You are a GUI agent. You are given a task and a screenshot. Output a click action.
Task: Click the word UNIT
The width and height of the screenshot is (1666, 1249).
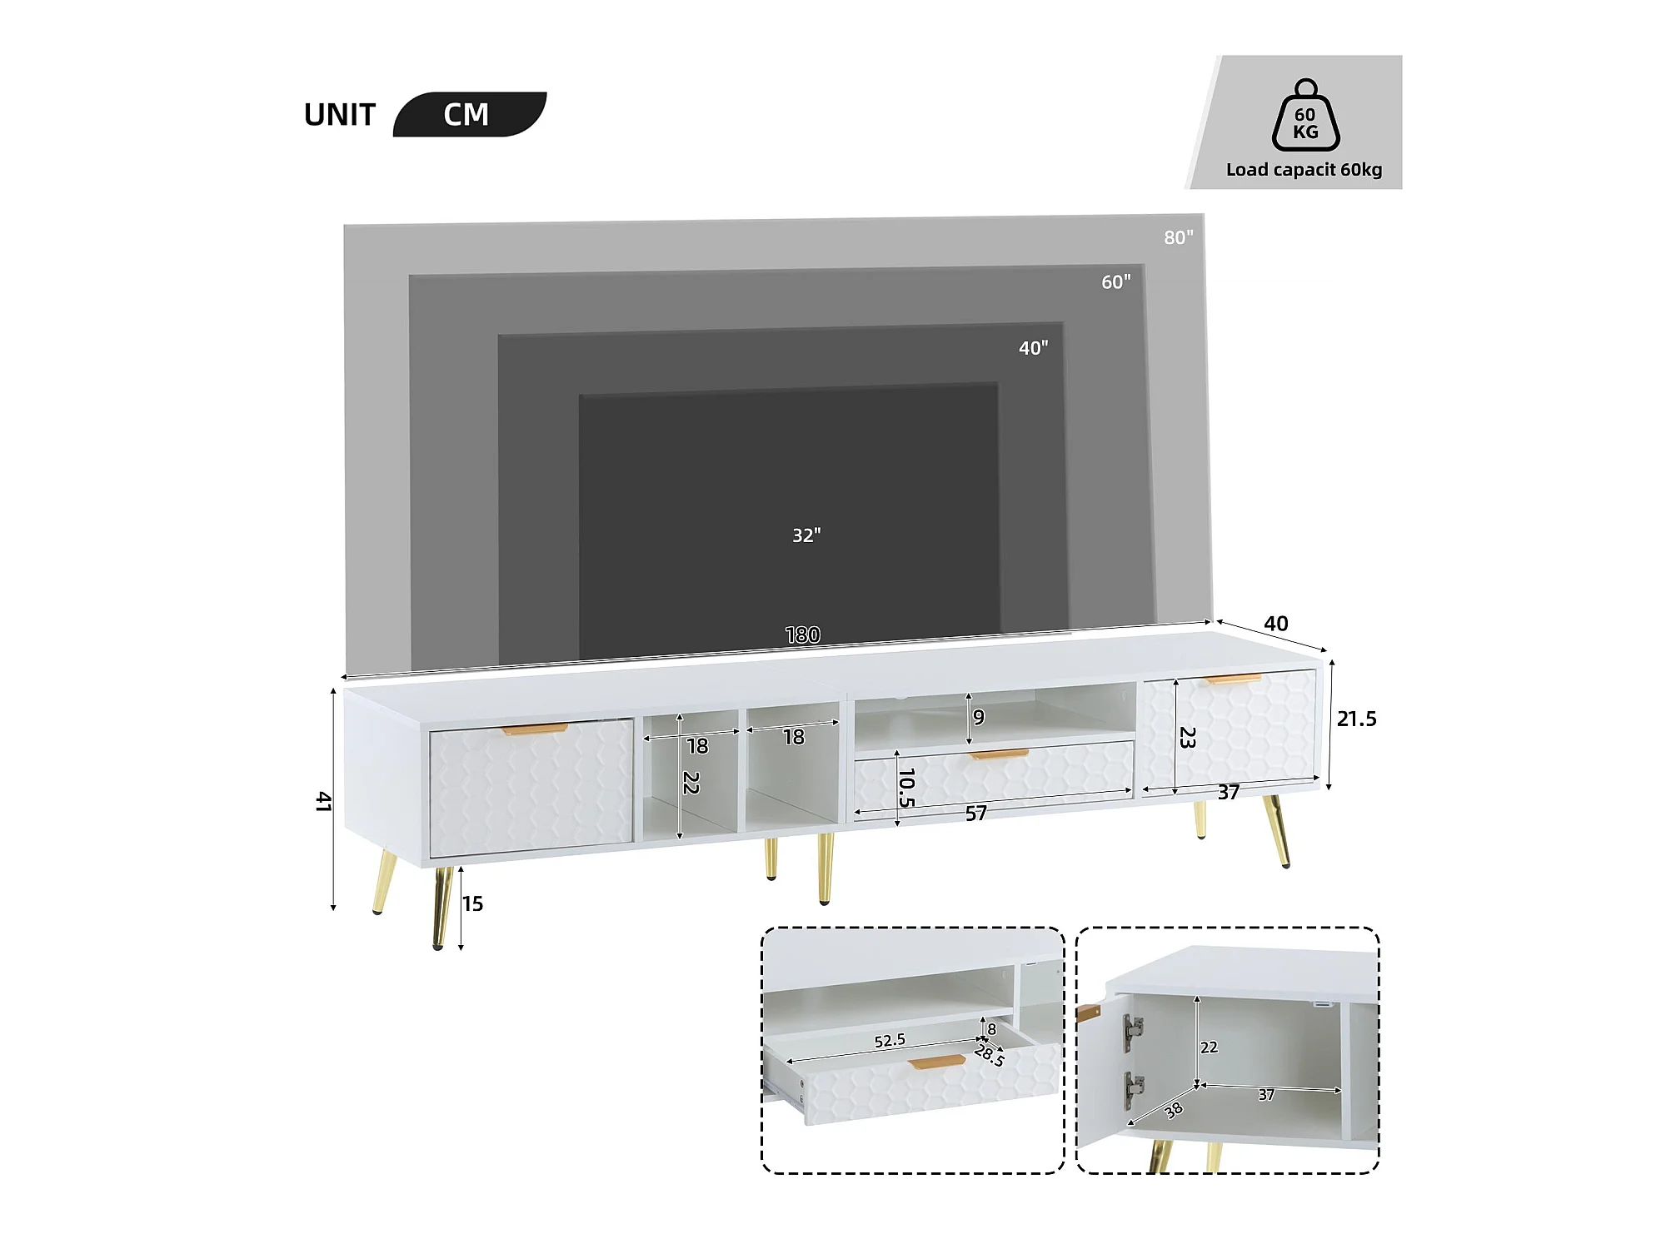pos(340,115)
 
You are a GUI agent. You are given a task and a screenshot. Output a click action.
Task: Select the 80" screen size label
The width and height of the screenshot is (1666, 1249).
pos(1178,237)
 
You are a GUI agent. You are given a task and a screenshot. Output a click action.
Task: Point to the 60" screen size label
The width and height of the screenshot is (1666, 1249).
pos(1116,282)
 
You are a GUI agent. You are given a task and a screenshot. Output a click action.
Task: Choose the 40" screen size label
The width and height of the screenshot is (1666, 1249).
pos(1034,348)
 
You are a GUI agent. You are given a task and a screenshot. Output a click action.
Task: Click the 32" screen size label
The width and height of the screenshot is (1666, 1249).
pos(806,535)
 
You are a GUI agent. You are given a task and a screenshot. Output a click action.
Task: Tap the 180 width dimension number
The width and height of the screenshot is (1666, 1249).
pos(803,635)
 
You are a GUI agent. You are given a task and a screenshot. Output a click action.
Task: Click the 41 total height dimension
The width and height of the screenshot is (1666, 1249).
pos(323,802)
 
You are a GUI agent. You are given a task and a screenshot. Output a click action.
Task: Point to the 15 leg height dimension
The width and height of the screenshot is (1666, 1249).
pos(473,903)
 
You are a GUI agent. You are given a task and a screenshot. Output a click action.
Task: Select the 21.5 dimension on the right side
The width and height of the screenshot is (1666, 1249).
pos(1357,719)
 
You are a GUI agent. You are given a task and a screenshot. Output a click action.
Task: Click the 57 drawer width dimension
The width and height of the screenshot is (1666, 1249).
pos(976,814)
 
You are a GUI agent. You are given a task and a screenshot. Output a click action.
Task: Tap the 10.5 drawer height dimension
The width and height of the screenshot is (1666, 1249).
pos(906,788)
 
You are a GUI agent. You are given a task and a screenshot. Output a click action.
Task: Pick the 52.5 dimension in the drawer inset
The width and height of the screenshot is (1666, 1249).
pos(890,1041)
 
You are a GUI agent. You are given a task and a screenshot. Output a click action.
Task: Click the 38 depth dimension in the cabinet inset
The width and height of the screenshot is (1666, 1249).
pos(1174,1110)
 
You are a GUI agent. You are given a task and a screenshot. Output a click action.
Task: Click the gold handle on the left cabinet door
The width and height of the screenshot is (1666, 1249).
pos(535,729)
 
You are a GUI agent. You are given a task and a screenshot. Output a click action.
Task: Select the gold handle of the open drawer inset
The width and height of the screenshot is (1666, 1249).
pos(937,1062)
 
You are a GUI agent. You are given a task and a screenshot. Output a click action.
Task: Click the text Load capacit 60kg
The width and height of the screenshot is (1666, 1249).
pos(1304,170)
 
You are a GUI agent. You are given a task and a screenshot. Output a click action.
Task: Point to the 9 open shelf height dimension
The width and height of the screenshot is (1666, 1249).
pos(979,717)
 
